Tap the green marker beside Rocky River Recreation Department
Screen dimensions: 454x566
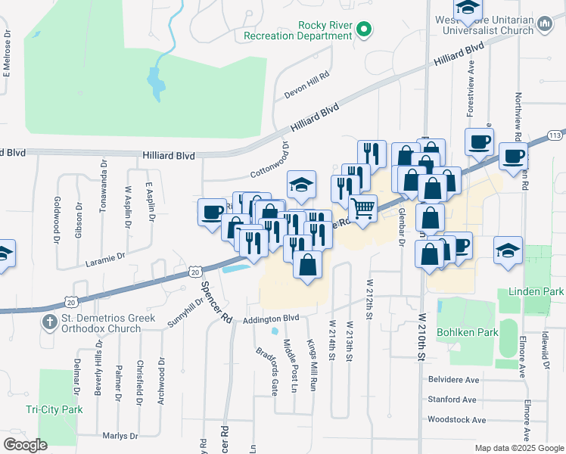(364, 30)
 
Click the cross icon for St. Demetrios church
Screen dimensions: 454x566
(50, 322)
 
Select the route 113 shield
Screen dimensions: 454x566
(555, 135)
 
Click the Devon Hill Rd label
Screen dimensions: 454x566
(307, 85)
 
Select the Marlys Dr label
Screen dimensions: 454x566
(119, 436)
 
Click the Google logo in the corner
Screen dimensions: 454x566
(25, 445)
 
